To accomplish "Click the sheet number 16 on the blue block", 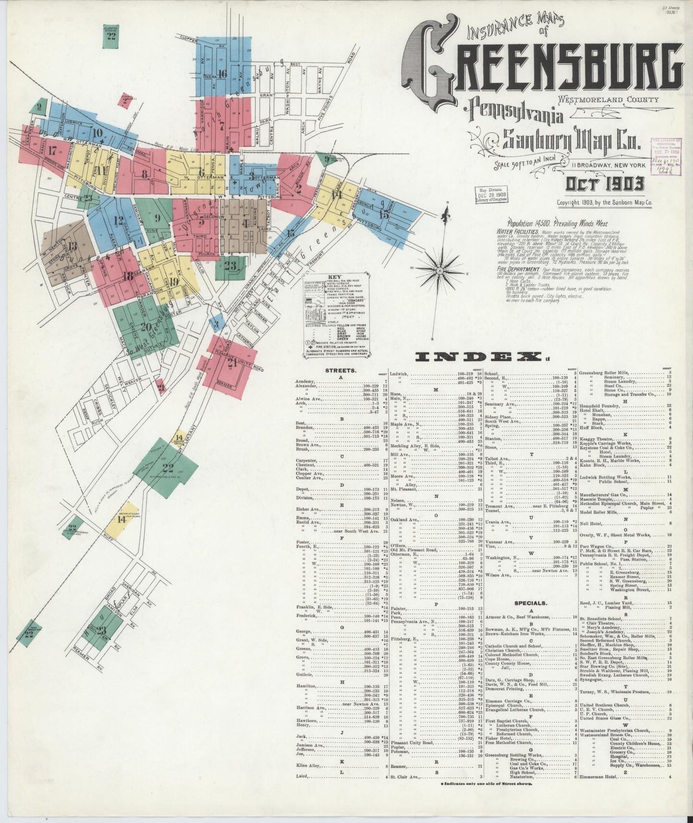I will [x=222, y=73].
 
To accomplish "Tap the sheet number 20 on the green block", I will [x=146, y=327].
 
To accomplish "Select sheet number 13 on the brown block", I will [x=72, y=246].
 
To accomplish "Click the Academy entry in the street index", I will [x=307, y=381].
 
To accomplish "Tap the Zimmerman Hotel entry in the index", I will [x=599, y=789].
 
